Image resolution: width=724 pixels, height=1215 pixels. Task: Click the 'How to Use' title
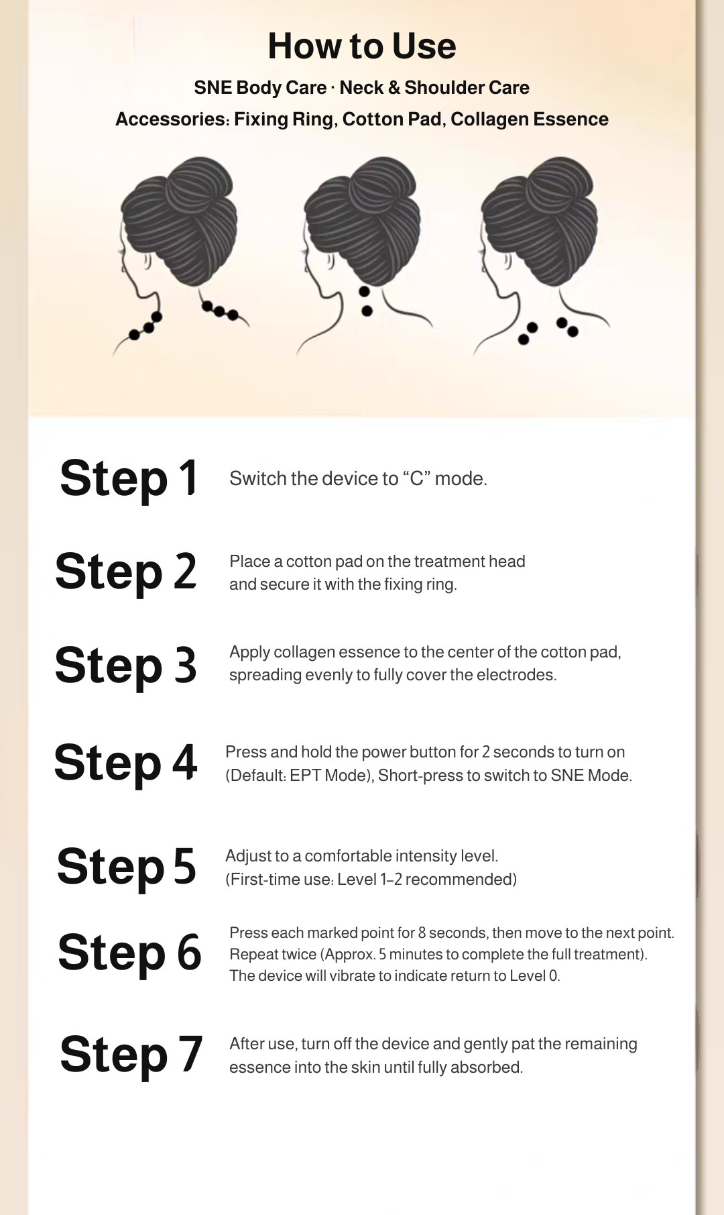pyautogui.click(x=362, y=46)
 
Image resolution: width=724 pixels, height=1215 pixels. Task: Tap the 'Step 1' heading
pyautogui.click(x=129, y=478)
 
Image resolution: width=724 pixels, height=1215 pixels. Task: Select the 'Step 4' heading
pyautogui.click(x=126, y=763)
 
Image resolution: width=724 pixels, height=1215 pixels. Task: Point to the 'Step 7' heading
pyautogui.click(x=131, y=1054)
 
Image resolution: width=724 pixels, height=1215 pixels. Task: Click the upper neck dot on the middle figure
pyautogui.click(x=364, y=292)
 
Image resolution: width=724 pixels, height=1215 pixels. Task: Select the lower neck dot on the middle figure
pyautogui.click(x=367, y=311)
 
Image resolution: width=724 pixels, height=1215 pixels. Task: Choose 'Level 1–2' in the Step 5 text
pyautogui.click(x=369, y=880)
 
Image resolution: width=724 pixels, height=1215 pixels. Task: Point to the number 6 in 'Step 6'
pyautogui.click(x=189, y=953)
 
